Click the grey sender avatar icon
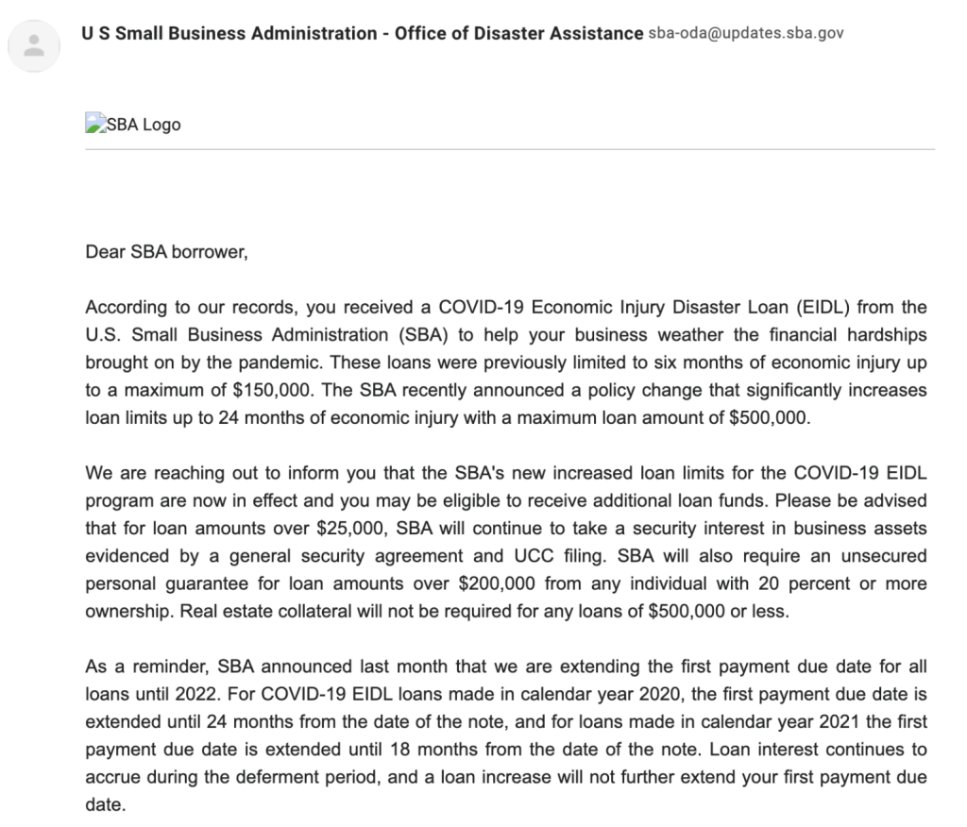coord(34,45)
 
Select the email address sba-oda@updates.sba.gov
coord(746,34)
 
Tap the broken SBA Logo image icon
coord(93,124)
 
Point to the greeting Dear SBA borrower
coord(166,253)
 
